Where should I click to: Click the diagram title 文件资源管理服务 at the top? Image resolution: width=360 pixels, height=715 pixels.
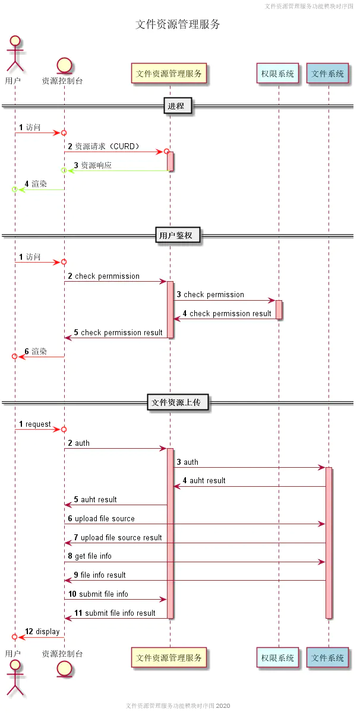[178, 24]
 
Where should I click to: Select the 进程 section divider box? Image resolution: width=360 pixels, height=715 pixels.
[178, 106]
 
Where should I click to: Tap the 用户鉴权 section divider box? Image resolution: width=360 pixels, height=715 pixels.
[178, 235]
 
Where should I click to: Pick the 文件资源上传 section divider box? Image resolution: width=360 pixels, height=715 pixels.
[178, 402]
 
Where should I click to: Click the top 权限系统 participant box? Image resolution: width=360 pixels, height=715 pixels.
[277, 74]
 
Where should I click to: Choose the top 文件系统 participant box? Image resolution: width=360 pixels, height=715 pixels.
[327, 74]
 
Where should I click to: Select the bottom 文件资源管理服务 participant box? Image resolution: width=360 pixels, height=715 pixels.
[169, 657]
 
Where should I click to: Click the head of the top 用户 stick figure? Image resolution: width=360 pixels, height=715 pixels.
[15, 40]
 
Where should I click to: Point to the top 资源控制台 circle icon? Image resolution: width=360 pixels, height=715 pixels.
[64, 65]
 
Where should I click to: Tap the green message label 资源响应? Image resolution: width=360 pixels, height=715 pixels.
[96, 165]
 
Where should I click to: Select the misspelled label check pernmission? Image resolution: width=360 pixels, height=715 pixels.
[107, 276]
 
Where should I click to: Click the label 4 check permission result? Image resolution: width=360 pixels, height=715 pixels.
[227, 313]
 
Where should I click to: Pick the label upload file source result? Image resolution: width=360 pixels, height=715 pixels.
[121, 537]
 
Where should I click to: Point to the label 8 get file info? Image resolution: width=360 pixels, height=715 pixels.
[90, 556]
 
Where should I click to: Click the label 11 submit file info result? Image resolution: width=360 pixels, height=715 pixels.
[115, 613]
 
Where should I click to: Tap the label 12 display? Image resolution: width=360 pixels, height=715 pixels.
[42, 631]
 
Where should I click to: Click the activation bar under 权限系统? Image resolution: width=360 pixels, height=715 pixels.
[279, 309]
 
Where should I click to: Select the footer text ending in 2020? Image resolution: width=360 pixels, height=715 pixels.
[178, 705]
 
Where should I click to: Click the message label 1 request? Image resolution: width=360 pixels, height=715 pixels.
[35, 424]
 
